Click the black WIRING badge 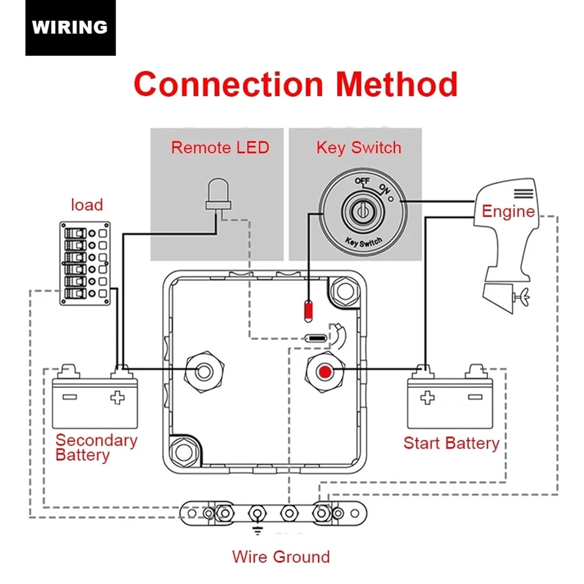tap(70, 28)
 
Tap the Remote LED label tap(220, 148)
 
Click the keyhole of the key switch tap(362, 211)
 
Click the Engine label tap(508, 211)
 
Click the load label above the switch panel tap(87, 205)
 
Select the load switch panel tap(85, 263)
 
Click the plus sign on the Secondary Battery tap(117, 398)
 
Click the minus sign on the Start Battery tap(475, 397)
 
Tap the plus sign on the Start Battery tap(427, 398)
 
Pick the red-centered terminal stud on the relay tap(325, 372)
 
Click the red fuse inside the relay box tap(308, 311)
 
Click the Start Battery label tap(451, 443)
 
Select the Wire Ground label tap(281, 557)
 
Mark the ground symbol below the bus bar tap(257, 529)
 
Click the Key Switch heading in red tap(358, 148)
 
